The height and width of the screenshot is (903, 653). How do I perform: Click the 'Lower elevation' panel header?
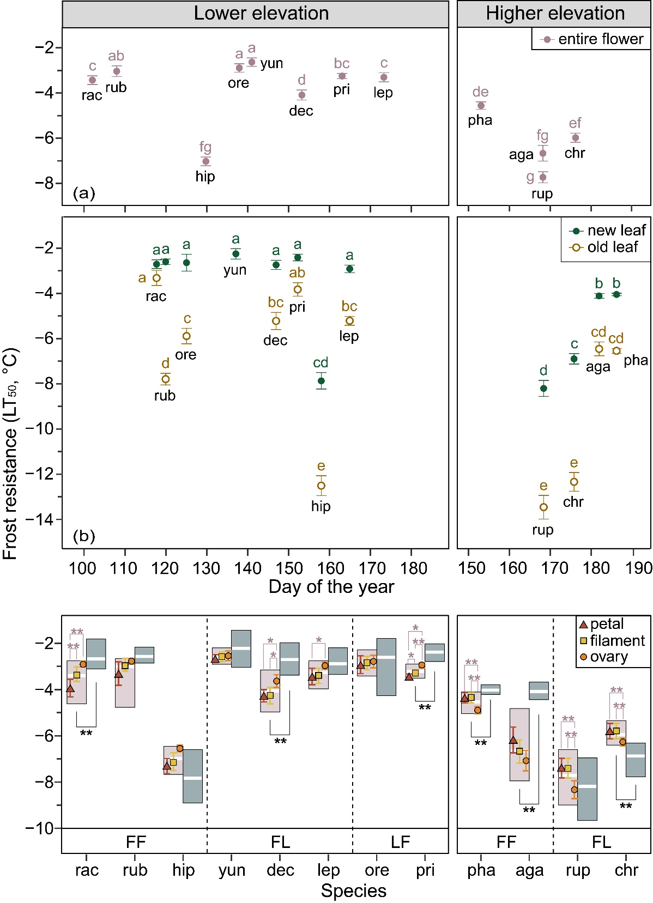(x=261, y=14)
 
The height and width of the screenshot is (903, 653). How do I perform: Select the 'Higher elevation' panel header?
(x=555, y=14)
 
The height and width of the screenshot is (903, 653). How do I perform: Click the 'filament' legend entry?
(x=611, y=641)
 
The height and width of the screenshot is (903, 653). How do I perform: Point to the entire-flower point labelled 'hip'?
(x=205, y=161)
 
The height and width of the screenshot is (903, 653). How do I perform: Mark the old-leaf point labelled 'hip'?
(x=321, y=486)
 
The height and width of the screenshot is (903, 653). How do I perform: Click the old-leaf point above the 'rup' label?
(x=543, y=507)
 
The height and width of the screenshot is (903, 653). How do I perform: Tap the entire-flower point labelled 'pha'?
(x=481, y=106)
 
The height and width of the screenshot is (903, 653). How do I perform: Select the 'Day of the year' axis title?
(x=331, y=587)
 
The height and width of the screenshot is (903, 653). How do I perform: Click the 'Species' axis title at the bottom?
(x=353, y=890)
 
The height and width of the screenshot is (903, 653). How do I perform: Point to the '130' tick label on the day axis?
(x=206, y=568)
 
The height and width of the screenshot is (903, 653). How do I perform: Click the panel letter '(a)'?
(x=84, y=193)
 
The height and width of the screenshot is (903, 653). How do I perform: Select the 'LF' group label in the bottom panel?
(x=400, y=842)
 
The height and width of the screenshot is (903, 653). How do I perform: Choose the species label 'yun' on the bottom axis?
(x=232, y=870)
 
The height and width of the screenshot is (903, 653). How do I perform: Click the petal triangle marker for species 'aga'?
(x=513, y=740)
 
